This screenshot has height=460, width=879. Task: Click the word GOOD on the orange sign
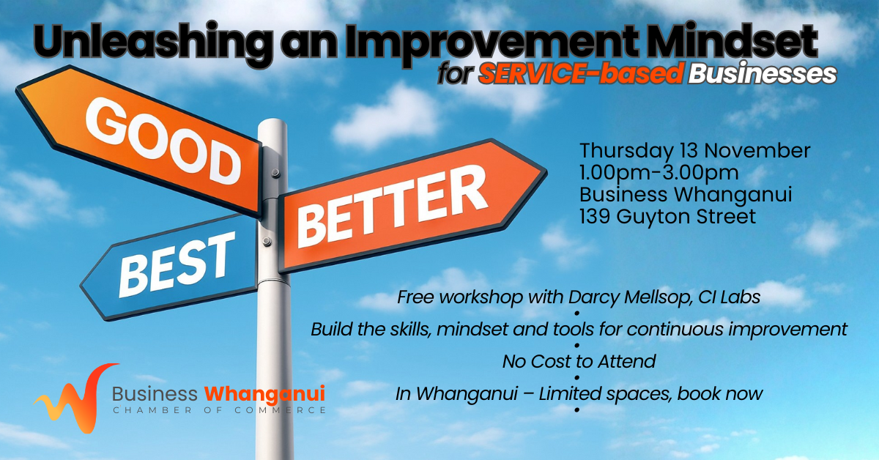(163, 141)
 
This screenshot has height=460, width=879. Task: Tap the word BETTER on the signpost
(392, 207)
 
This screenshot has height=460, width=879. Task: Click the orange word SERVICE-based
(581, 73)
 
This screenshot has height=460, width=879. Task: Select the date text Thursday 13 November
(695, 151)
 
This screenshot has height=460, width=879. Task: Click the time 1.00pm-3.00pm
(659, 173)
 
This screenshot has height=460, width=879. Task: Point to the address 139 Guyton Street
(667, 217)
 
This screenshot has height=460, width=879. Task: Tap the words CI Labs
(730, 297)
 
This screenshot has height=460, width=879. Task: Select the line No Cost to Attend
(579, 362)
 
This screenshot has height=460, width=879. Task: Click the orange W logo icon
(76, 398)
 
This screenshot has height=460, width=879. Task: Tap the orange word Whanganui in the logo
(265, 393)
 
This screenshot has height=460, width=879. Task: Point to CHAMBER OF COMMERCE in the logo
(219, 410)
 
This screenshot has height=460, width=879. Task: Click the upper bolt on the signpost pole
(276, 173)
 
